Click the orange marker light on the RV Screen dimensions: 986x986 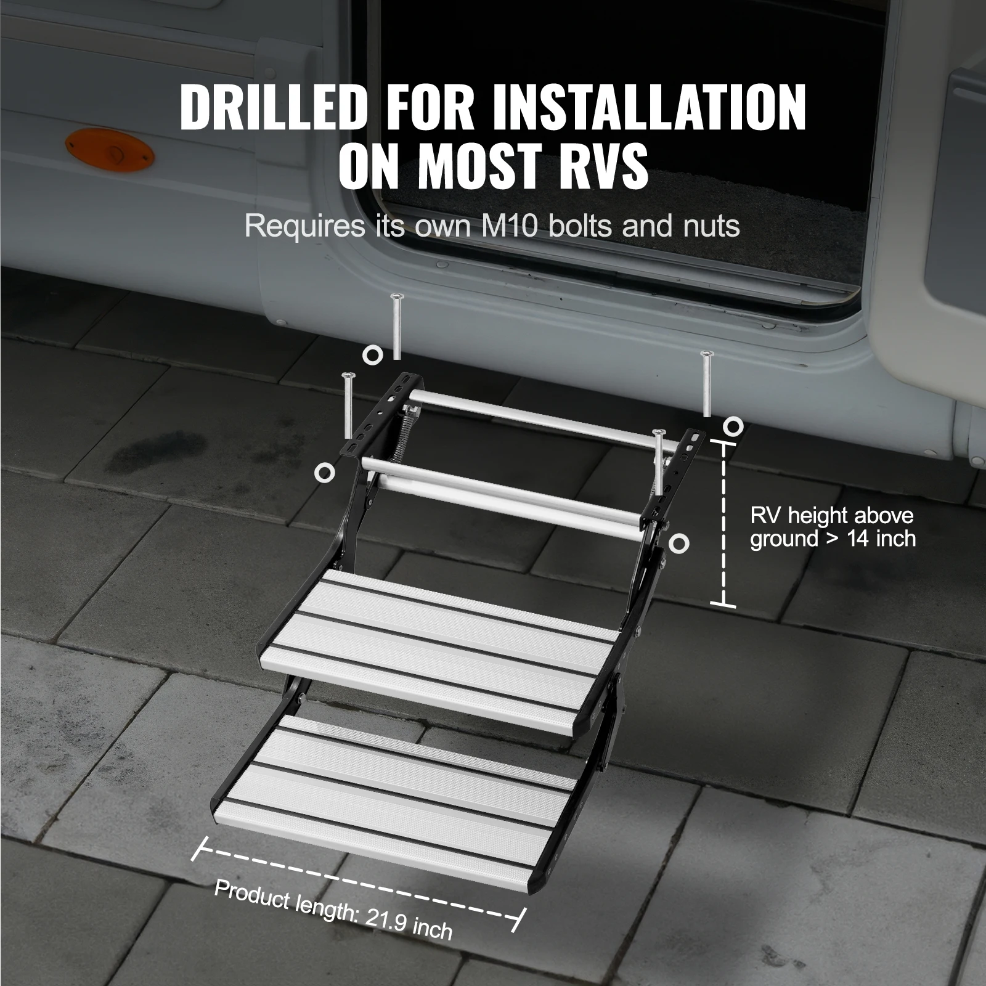109,149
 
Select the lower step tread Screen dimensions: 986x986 394,795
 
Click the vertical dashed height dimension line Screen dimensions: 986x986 723,524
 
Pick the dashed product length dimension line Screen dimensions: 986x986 357,881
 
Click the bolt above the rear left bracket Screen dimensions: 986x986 396,327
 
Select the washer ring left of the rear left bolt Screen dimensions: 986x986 372,354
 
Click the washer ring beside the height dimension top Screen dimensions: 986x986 733,425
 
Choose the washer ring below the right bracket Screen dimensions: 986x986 679,544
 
